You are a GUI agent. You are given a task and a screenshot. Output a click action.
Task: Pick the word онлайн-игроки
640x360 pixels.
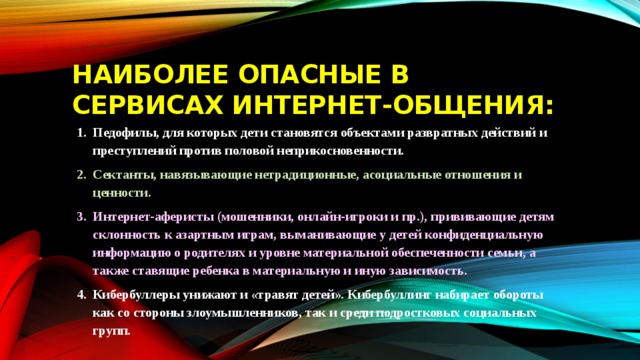357,216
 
